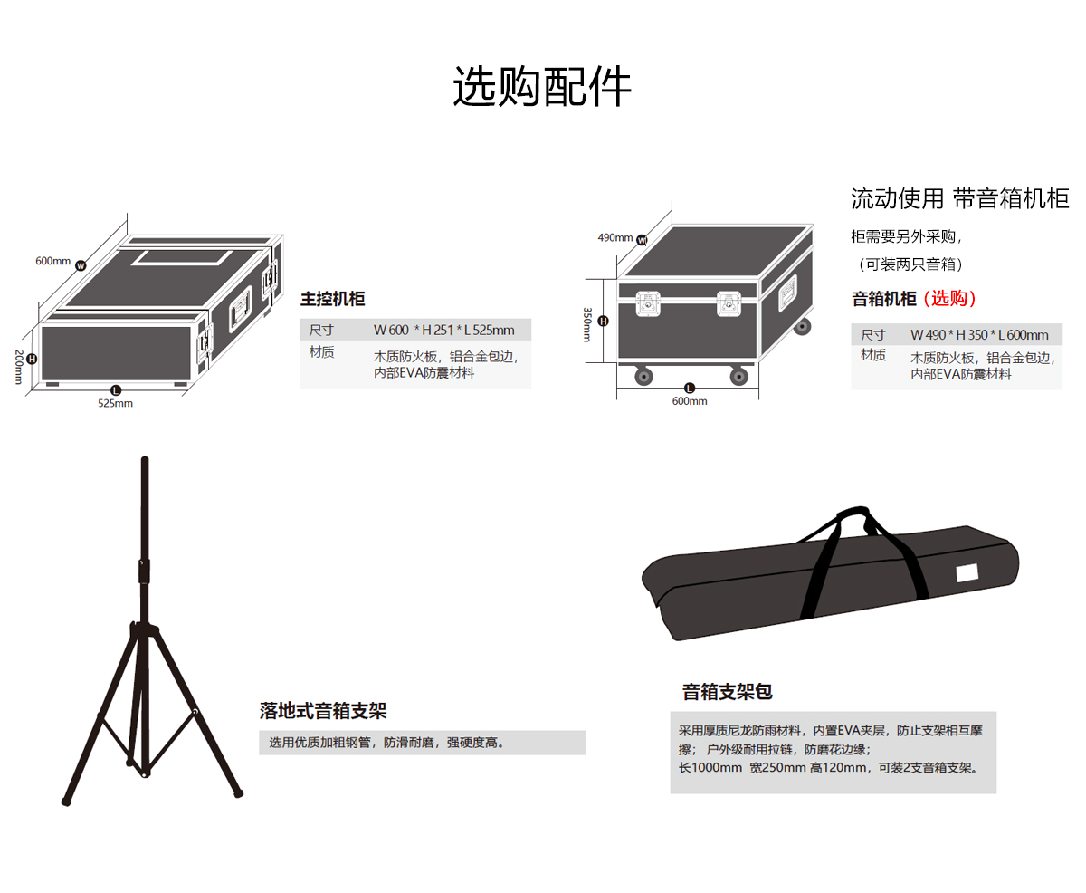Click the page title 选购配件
pyautogui.click(x=542, y=88)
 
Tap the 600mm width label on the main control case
pyautogui.click(x=52, y=261)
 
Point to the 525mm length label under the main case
pyautogui.click(x=115, y=404)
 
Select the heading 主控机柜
pyautogui.click(x=333, y=299)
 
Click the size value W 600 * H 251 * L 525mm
pyautogui.click(x=443, y=330)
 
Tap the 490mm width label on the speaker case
pyautogui.click(x=615, y=238)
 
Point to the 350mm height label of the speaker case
pyautogui.click(x=587, y=324)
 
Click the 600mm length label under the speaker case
pyautogui.click(x=690, y=401)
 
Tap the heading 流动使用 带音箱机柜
pyautogui.click(x=959, y=199)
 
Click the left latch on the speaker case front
pyautogui.click(x=649, y=303)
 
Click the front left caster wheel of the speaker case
pyautogui.click(x=643, y=375)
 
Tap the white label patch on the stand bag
pyautogui.click(x=967, y=572)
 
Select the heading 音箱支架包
pyautogui.click(x=727, y=693)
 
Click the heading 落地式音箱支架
pyautogui.click(x=322, y=710)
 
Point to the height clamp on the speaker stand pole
pyautogui.click(x=143, y=571)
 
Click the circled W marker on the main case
pyautogui.click(x=81, y=265)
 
